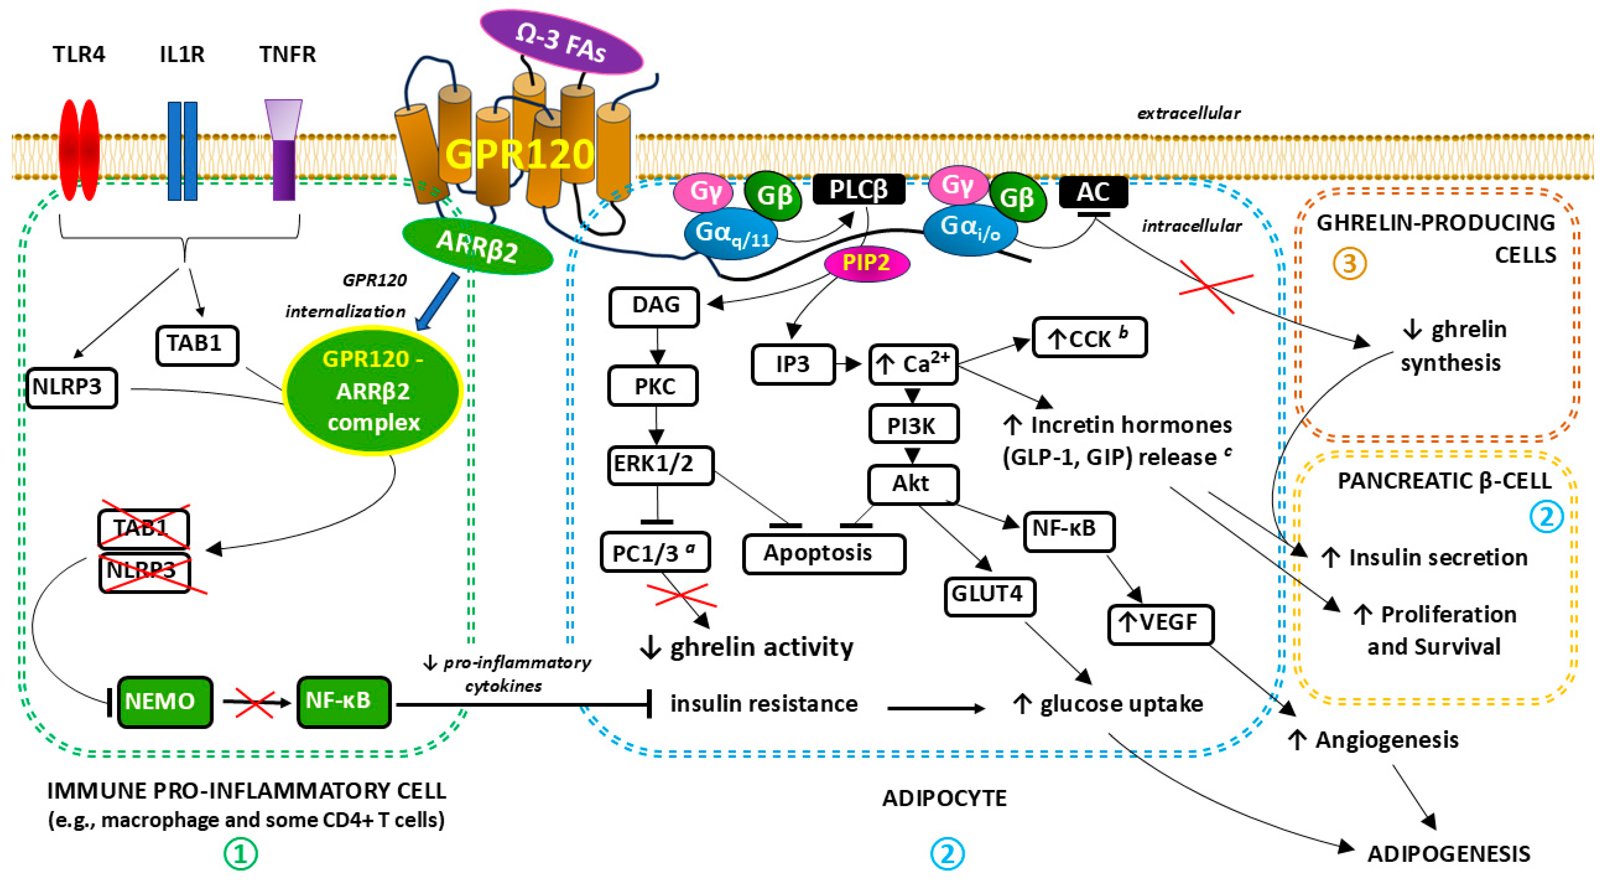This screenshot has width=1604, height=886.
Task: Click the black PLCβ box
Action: (859, 189)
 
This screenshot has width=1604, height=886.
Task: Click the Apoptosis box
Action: (824, 553)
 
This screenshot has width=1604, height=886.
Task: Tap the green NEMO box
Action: (164, 702)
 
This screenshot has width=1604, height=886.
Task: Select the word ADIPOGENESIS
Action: (1449, 854)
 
